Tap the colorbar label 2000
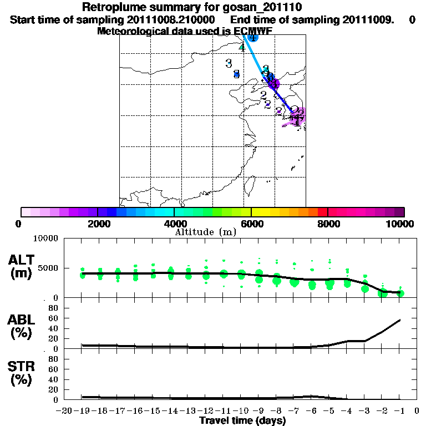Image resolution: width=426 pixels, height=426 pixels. [97, 224]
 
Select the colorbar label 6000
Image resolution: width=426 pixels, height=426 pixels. [251, 224]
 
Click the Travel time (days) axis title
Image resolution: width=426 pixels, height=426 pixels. [242, 421]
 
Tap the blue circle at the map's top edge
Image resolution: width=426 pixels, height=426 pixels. [252, 37]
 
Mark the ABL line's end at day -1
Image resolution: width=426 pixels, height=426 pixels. [400, 320]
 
